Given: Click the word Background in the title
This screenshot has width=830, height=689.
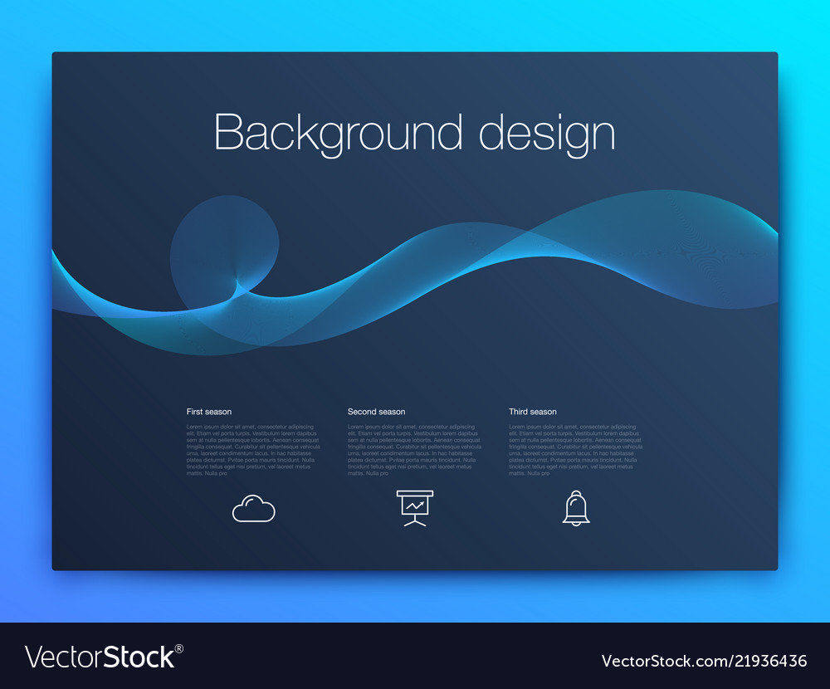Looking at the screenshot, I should click(x=338, y=132).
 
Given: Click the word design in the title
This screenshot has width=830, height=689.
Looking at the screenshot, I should click(x=547, y=132).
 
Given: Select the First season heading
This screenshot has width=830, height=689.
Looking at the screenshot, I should click(x=209, y=412).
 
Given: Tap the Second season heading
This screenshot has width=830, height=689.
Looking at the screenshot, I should click(x=376, y=412).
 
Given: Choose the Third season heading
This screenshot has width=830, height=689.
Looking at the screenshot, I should click(x=533, y=412).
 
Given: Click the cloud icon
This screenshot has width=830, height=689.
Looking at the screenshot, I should click(x=253, y=508).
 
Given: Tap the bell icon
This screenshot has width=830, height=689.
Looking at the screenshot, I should click(x=575, y=507).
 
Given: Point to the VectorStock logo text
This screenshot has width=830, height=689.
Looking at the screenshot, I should click(x=100, y=657).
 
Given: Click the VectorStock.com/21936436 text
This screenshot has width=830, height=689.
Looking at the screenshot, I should click(x=704, y=661).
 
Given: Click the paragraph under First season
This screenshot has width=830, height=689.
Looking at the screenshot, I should click(x=253, y=450).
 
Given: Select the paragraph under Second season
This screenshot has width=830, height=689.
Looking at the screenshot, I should click(x=414, y=450).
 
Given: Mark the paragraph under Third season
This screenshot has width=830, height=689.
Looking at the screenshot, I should click(x=575, y=450).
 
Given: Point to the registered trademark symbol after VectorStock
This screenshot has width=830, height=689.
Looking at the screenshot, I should click(x=179, y=648).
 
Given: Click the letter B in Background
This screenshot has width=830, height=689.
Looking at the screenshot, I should click(x=228, y=133).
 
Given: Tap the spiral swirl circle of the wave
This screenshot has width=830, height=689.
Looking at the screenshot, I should click(x=224, y=249).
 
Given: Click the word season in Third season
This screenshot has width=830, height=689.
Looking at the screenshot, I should click(x=544, y=412).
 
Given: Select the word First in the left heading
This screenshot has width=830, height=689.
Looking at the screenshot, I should click(x=194, y=412).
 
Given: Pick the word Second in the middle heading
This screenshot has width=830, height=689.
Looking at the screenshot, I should click(x=362, y=412).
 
